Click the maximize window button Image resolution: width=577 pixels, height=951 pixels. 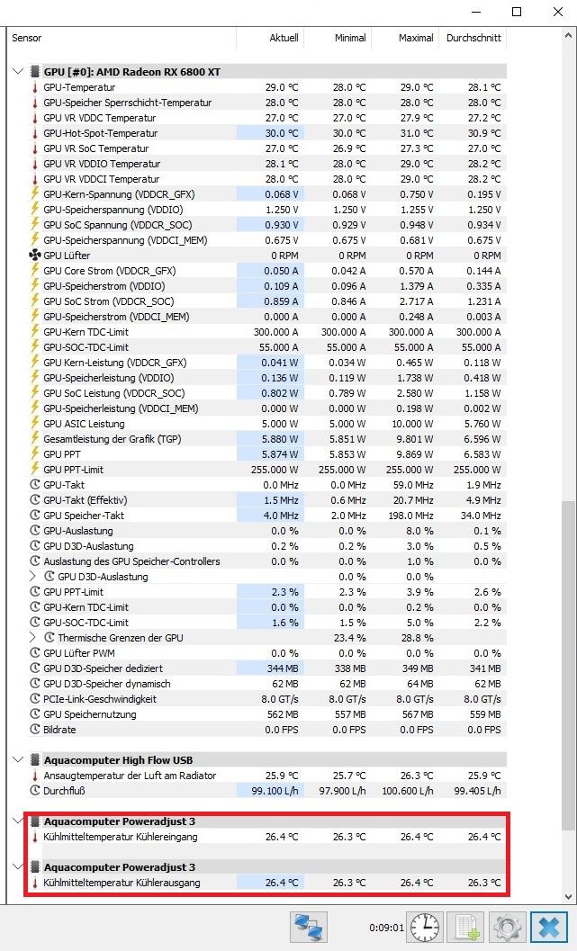(x=517, y=12)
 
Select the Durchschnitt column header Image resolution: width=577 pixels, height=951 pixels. (x=474, y=38)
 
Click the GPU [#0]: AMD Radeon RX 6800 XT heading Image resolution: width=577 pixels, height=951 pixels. (x=132, y=71)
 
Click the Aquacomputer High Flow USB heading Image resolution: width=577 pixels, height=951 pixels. (x=118, y=760)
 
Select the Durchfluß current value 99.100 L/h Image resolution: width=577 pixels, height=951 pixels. (x=270, y=791)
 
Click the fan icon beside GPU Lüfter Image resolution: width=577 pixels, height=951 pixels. (x=35, y=256)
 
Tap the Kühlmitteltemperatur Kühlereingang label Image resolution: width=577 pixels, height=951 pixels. (x=121, y=837)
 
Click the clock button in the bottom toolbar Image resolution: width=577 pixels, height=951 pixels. (x=423, y=927)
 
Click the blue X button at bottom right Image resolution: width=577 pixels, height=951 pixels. (x=545, y=927)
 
